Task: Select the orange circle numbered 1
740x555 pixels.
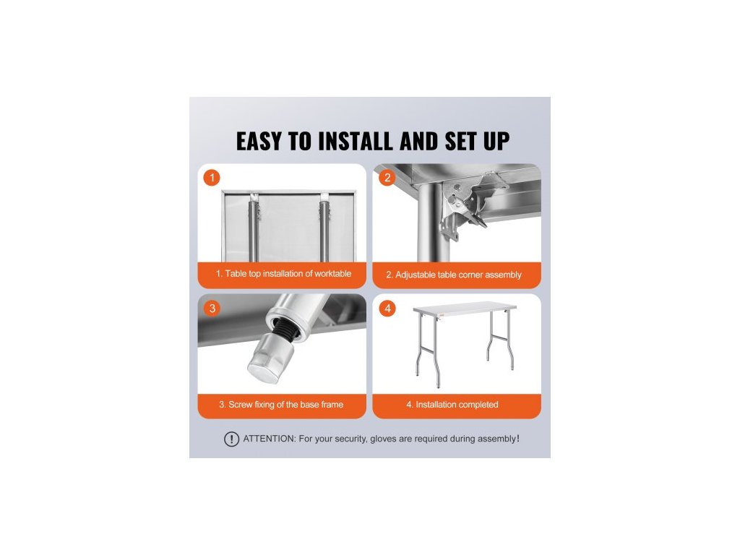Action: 212,178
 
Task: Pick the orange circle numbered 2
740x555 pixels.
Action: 387,178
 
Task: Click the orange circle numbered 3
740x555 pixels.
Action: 212,308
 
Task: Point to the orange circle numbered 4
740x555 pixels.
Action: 387,308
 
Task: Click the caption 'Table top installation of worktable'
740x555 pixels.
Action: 288,274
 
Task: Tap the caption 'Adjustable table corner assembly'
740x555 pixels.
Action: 458,275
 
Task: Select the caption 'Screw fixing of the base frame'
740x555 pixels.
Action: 286,405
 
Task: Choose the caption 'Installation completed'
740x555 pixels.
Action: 457,405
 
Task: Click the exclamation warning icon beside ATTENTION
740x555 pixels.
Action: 231,439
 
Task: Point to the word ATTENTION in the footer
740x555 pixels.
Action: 270,439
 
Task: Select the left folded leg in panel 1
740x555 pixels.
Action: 254,228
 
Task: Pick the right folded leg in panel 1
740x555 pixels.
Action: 324,228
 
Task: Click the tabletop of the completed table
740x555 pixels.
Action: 465,307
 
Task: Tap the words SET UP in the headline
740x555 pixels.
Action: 477,141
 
